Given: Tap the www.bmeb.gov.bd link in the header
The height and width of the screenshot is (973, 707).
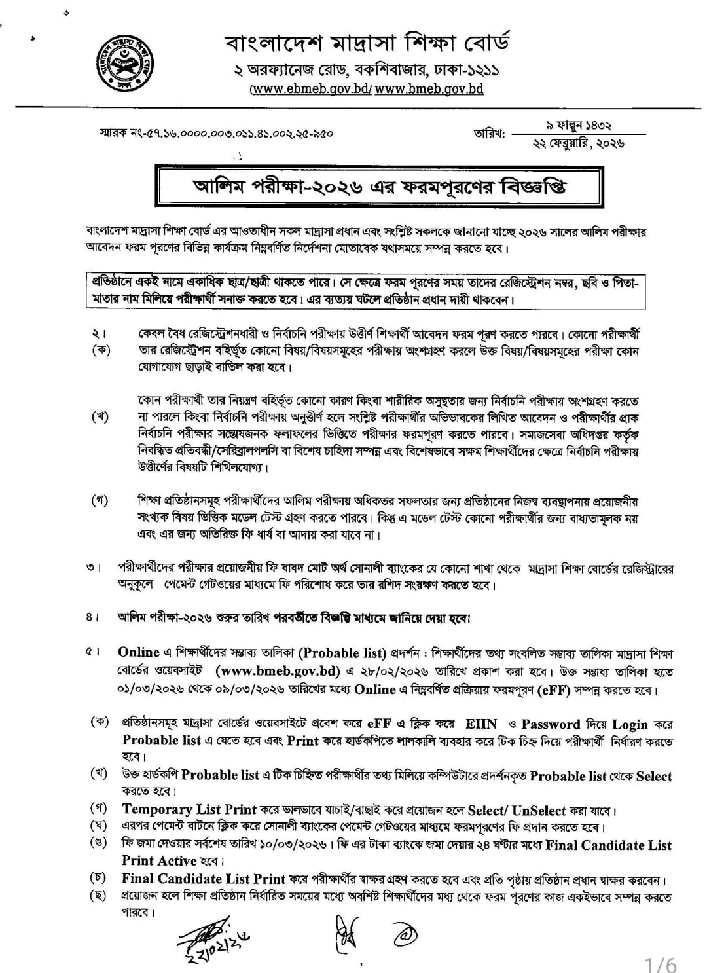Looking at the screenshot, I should [429, 88].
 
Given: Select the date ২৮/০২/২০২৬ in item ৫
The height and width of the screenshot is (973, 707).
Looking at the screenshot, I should [399, 671].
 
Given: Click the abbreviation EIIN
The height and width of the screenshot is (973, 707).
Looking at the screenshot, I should [481, 724].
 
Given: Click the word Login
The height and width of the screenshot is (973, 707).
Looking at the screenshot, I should [630, 724].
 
